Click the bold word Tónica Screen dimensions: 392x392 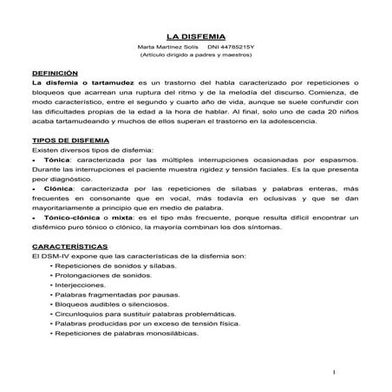pos(55,160)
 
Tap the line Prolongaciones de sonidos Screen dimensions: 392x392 pos(98,273)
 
